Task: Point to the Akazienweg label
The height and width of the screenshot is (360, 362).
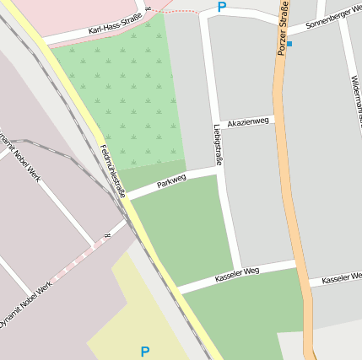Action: pos(248,121)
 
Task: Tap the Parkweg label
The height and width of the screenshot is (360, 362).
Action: pos(171,181)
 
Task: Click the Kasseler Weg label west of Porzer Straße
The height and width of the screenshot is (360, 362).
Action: pos(237,275)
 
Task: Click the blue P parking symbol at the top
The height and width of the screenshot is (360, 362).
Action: pos(222,8)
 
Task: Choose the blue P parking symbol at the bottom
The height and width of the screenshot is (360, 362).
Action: pos(145,351)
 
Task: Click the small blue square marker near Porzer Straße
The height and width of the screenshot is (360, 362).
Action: pos(289,43)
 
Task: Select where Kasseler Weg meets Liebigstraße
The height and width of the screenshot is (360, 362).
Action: pos(236,275)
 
